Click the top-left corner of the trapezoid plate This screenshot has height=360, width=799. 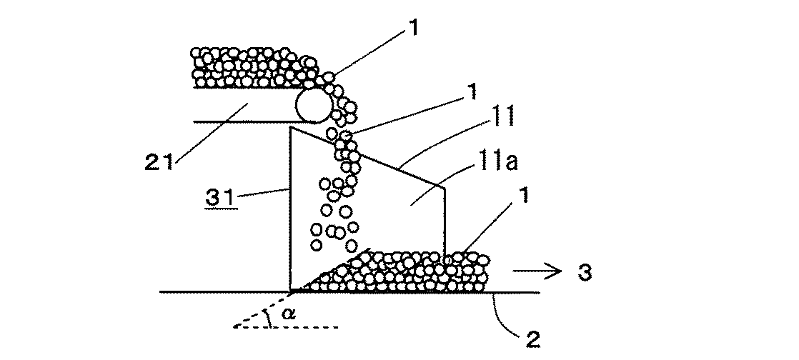(x=291, y=127)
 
